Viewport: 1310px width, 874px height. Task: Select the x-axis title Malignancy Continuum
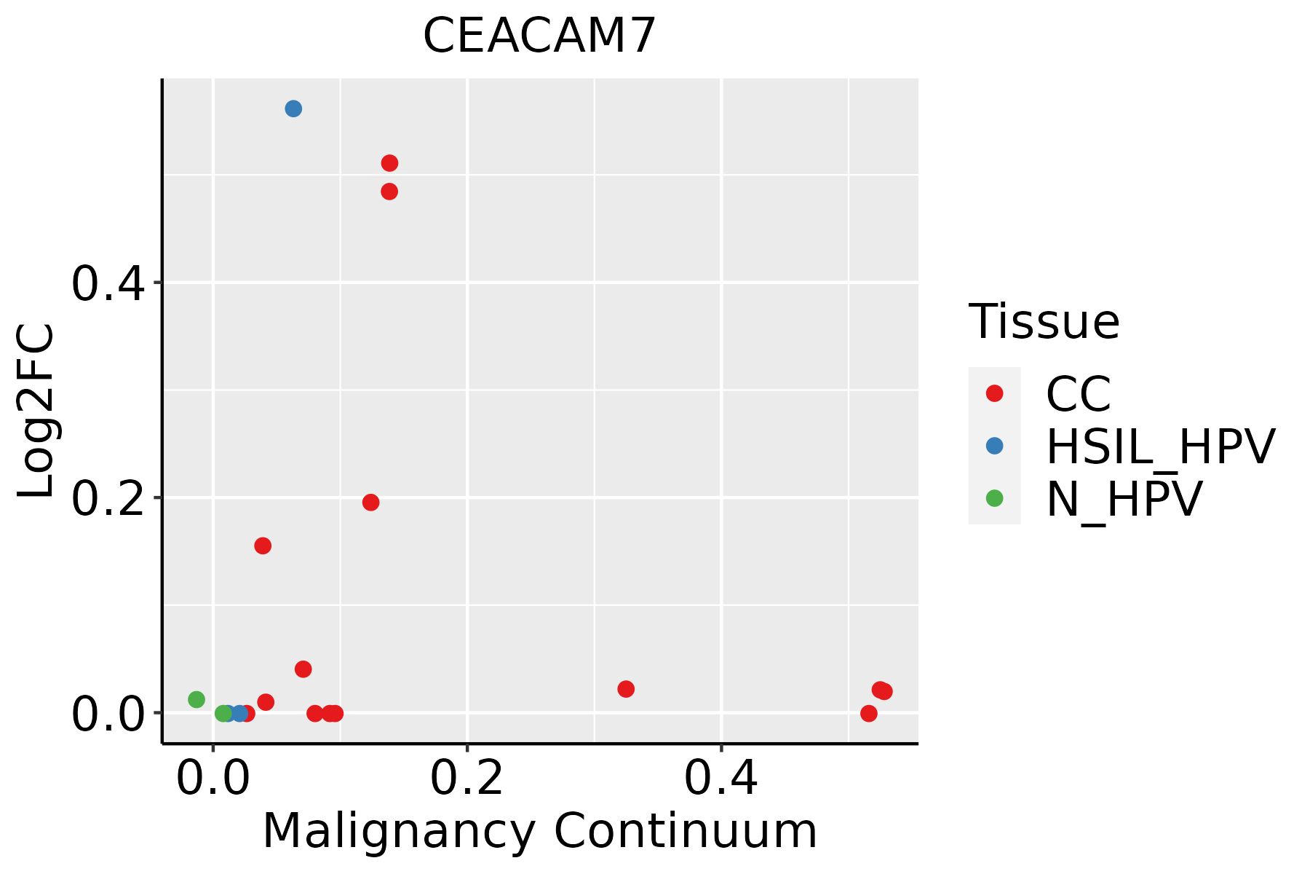tap(539, 831)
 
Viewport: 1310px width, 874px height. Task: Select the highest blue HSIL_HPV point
tap(293, 109)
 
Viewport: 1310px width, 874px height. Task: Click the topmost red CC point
tap(389, 163)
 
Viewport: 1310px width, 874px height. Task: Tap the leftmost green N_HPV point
tap(196, 700)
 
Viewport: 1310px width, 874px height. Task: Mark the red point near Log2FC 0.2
tap(370, 503)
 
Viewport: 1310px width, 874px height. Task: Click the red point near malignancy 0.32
tap(626, 689)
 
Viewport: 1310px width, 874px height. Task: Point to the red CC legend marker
tap(994, 393)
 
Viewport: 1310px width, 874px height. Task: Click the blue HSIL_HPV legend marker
tap(994, 446)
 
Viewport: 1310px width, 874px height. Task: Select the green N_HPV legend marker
tap(994, 498)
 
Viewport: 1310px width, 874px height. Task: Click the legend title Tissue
tap(1044, 322)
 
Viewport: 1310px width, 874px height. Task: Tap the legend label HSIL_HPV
tap(1160, 447)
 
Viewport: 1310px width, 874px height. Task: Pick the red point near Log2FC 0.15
tap(263, 546)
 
